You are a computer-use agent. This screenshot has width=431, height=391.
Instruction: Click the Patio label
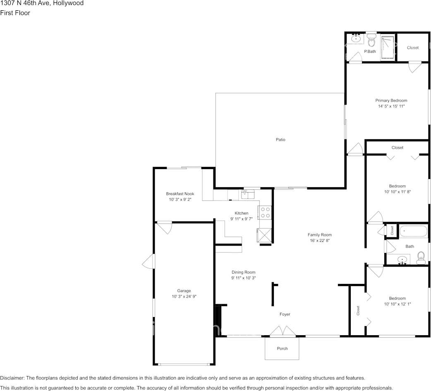(280, 140)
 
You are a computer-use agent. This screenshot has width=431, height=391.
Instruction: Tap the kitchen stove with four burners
(265, 212)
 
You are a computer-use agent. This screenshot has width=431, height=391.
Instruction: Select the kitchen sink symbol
(248, 194)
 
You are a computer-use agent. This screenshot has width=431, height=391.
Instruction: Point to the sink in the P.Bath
(356, 39)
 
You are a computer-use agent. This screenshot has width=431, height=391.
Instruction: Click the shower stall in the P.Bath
(387, 48)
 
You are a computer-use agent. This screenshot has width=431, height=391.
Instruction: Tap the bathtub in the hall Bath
(413, 231)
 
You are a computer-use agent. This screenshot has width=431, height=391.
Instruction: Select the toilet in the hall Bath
(421, 258)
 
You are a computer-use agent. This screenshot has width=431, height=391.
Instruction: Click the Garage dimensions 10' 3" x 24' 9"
(184, 296)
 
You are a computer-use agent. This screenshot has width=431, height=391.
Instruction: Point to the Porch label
(282, 348)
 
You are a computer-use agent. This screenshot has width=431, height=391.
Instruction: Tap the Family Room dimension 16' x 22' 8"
(320, 241)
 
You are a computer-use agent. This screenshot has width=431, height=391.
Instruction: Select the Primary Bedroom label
(391, 100)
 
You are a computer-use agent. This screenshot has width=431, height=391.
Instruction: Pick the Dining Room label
(243, 272)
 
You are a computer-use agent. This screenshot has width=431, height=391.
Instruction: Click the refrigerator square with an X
(265, 235)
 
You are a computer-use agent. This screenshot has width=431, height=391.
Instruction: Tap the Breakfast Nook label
(180, 194)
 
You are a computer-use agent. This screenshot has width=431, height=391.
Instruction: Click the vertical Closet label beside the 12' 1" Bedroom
(358, 311)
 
